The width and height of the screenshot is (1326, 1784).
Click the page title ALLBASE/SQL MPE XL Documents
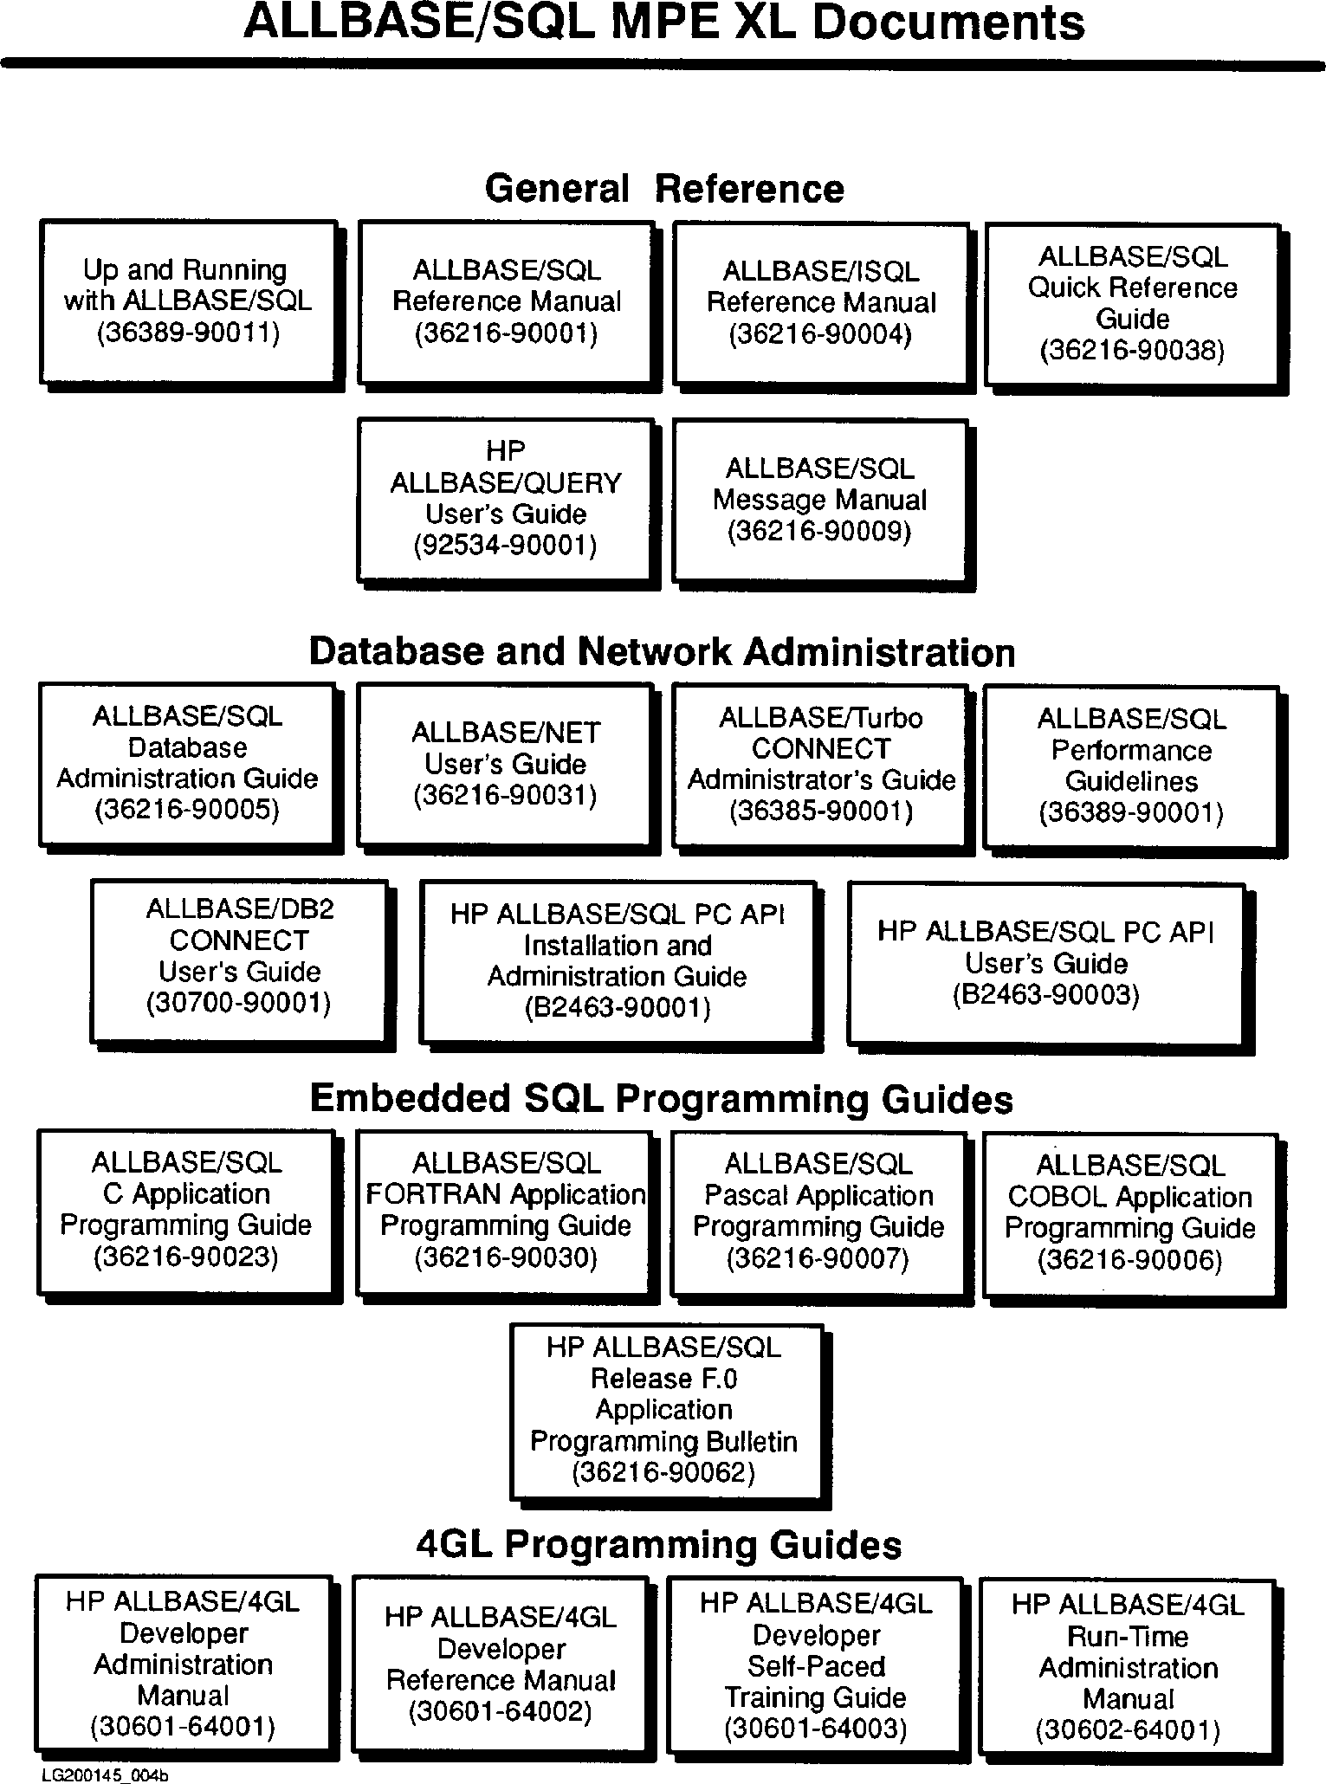point(663,24)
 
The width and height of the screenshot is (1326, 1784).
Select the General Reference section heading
point(663,188)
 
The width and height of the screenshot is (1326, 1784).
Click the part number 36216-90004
point(820,334)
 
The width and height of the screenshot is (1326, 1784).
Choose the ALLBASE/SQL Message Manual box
point(819,499)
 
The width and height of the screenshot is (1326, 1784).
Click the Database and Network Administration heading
point(662,651)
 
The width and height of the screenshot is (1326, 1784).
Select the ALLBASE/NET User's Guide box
point(505,763)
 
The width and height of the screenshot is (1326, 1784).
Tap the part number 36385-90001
point(821,811)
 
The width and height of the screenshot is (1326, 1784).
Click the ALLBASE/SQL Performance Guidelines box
point(1131,766)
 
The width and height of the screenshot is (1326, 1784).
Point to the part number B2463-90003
point(1045,995)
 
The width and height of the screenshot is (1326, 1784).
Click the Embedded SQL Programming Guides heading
point(662,1098)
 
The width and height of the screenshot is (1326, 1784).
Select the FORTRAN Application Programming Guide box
point(505,1210)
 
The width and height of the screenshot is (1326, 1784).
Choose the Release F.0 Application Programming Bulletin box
point(664,1409)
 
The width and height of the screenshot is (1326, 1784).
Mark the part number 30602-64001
point(1128,1730)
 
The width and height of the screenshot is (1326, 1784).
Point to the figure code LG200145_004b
point(105,1776)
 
